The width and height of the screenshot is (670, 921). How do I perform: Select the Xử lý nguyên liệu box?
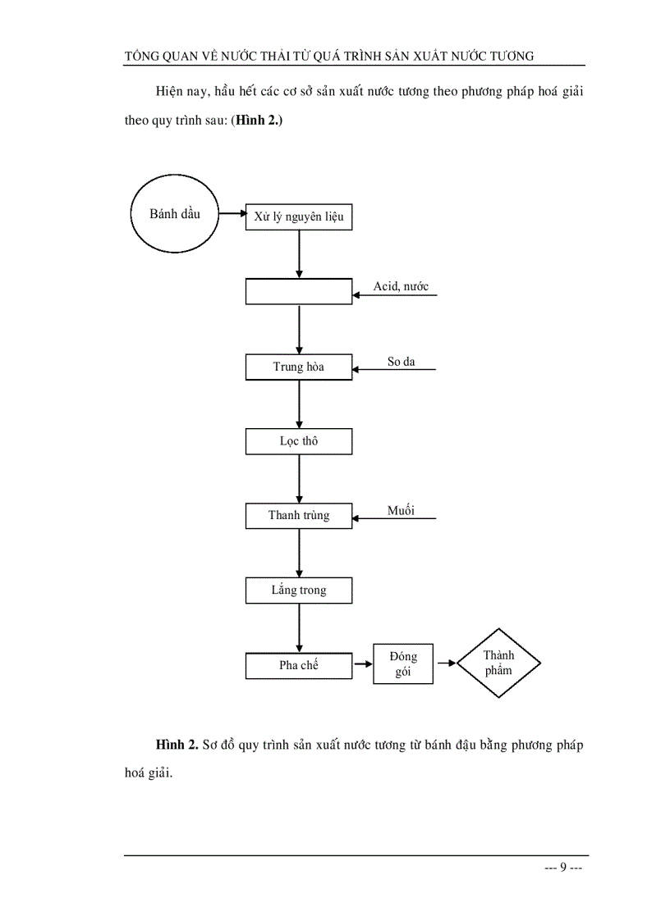(299, 217)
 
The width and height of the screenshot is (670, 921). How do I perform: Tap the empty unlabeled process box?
(299, 291)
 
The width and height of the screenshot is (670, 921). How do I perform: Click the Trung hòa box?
(299, 367)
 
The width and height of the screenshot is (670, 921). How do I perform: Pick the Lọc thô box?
(299, 441)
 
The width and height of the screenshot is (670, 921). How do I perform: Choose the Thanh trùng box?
(299, 516)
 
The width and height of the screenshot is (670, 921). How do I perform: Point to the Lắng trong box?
(299, 590)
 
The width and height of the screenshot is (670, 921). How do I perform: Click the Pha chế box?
(299, 665)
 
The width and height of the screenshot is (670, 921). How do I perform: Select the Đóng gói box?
(403, 664)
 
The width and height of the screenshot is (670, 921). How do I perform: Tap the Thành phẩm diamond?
(498, 663)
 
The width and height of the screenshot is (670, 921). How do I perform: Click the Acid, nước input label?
(401, 287)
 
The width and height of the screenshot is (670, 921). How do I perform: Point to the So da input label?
(402, 362)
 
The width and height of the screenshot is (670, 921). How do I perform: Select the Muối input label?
(401, 511)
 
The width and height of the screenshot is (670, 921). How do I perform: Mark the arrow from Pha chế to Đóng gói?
(363, 663)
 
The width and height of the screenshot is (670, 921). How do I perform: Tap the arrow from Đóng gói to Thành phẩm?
(445, 663)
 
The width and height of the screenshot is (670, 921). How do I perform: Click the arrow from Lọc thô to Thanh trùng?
(299, 478)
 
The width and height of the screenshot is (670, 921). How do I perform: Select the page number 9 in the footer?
(563, 869)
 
